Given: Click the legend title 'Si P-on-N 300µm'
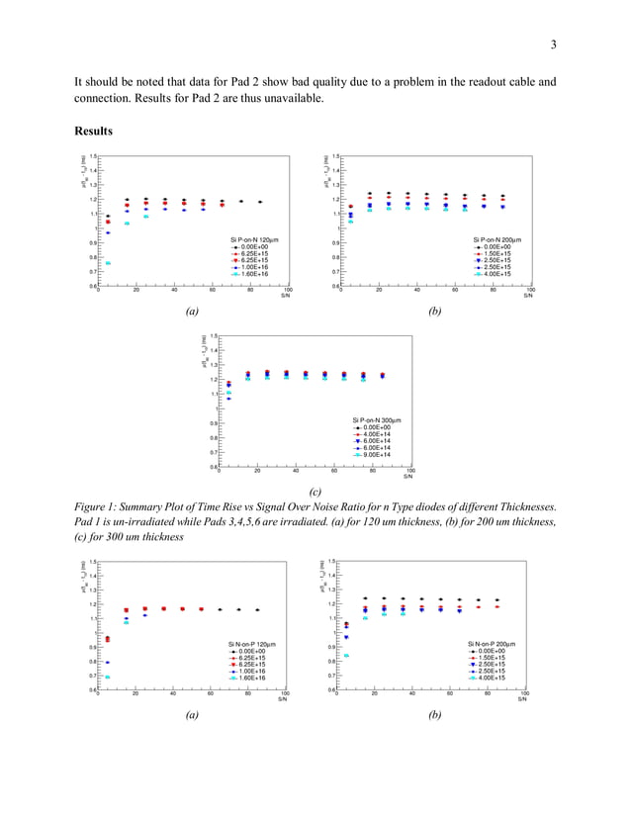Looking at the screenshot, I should pos(367,420).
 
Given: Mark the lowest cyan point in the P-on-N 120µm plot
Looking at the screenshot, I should pos(108,263).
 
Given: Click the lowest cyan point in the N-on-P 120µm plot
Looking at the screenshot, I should pos(108,678).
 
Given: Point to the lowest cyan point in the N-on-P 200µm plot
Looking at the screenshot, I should pos(346,655).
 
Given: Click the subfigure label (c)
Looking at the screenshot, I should pos(315,491).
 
